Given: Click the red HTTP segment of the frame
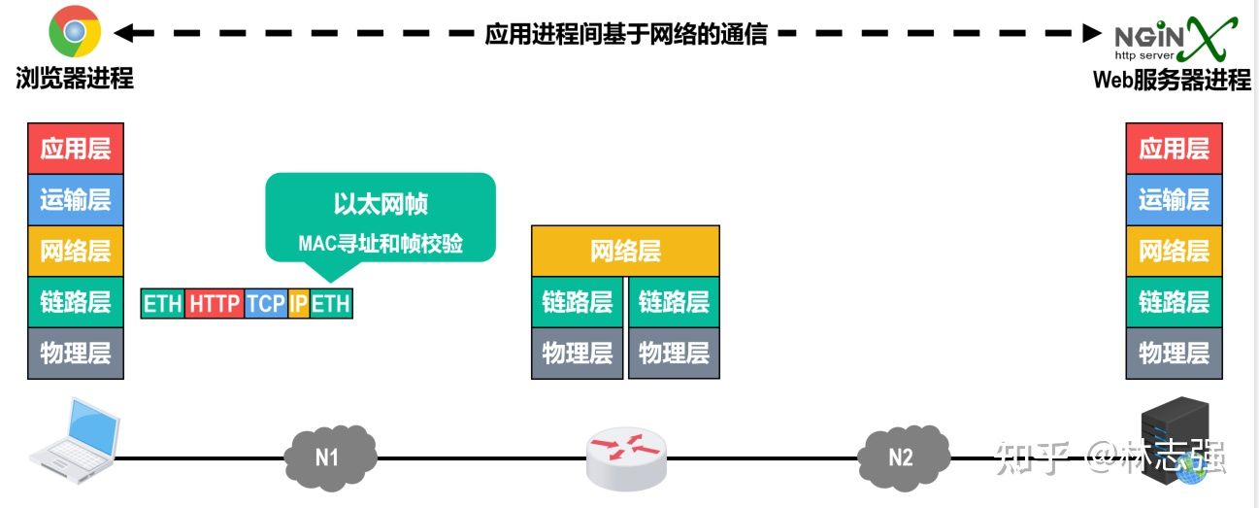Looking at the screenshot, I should tap(215, 303).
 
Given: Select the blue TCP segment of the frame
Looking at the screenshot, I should tap(266, 303).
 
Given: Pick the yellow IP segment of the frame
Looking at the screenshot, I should tap(299, 303).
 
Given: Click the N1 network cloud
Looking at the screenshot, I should tap(327, 456).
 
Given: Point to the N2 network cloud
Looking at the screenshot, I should tap(903, 456).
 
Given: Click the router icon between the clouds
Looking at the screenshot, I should tap(627, 457).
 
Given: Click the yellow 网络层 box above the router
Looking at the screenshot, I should tap(625, 252).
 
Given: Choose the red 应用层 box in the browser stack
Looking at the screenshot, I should tap(76, 149).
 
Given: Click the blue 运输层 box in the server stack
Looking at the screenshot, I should tap(1174, 200).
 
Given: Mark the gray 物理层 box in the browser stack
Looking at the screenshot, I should tap(76, 353).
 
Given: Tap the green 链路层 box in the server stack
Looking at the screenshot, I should tap(1174, 301).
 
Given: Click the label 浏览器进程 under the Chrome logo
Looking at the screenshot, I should tap(75, 79).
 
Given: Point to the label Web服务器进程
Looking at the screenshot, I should tap(1172, 80).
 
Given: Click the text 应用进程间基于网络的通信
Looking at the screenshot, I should tap(626, 34).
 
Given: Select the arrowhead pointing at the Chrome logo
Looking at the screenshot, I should tap(122, 34).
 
